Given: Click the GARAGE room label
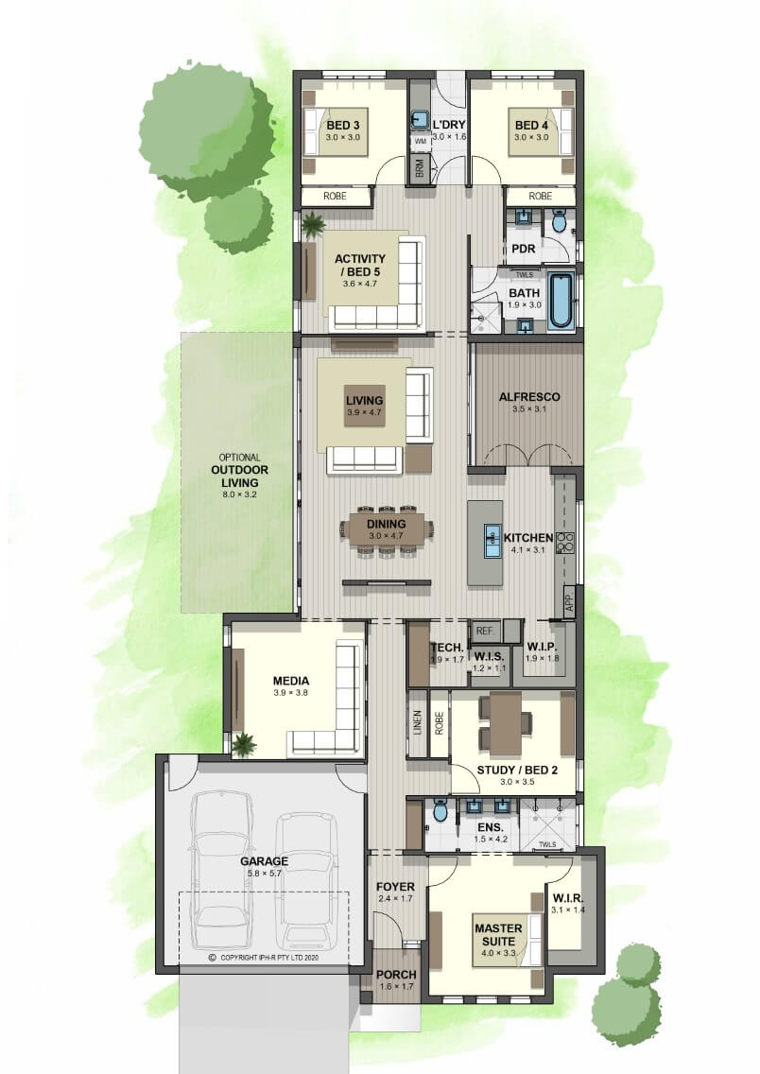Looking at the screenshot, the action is pos(264,861).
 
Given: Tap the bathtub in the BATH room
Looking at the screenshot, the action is pos(561,301).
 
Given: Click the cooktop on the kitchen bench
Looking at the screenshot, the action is pos(565,543).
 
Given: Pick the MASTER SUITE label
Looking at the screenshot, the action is pos(498,935).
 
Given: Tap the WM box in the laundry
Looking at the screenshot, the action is pos(421,141).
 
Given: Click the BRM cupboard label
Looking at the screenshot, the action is pos(420,170).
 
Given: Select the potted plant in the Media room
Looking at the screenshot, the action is pos(242,743).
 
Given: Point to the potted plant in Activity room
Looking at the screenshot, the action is pos(313,225).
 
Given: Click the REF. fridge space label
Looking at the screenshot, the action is pos(485,631).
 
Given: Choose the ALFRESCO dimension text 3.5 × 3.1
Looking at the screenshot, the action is pos(528,409).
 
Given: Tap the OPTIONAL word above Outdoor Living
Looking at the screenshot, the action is pos(240,458).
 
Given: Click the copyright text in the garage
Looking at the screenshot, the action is pos(264,958).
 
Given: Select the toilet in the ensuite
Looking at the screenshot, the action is pos(440,812).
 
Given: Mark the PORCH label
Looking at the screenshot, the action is pos(396,974).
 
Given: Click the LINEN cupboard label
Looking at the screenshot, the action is pos(418,723).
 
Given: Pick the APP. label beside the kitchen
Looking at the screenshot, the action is pos(569,603).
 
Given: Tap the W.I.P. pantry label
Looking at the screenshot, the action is pos(542,647).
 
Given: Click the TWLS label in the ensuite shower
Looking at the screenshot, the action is pos(547,844).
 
